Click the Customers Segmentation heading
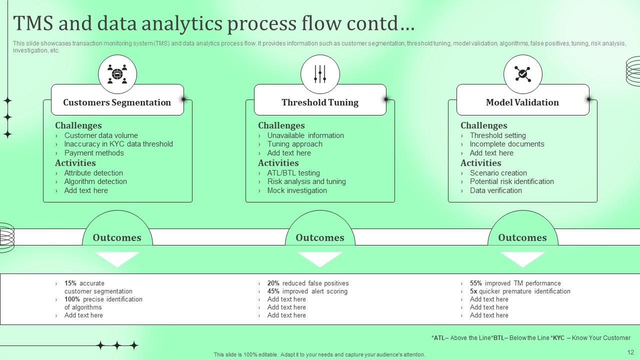117,102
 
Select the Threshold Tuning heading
320,102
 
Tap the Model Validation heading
522,102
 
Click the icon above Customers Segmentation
117,74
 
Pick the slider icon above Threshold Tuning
320,74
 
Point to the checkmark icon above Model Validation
522,74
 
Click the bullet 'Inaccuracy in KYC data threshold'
118,144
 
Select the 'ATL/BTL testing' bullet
293,173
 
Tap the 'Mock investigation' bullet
297,190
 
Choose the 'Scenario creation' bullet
498,173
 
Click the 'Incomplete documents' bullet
507,144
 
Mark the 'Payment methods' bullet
94,153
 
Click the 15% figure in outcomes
70,283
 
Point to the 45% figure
273,291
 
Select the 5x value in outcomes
473,291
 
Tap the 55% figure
476,283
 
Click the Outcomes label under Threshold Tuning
320,237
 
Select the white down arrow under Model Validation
522,258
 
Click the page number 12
630,352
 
